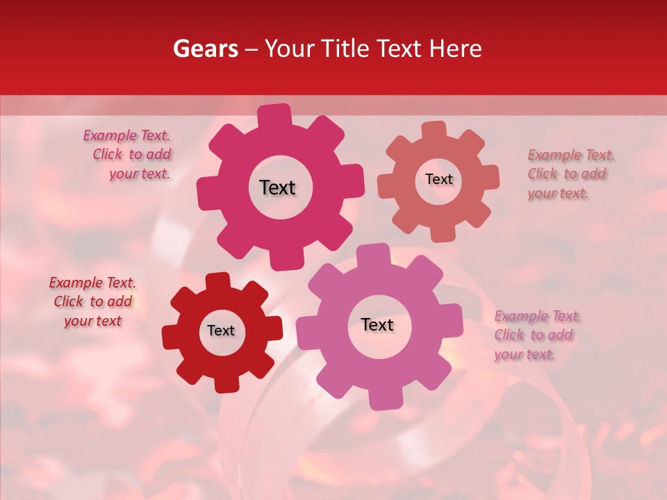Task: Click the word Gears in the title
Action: point(205,49)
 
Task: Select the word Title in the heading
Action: point(345,49)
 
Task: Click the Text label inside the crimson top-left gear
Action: point(277,187)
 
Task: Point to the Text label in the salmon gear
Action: point(438,179)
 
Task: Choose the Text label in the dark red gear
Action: point(221,331)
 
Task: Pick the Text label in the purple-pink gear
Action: point(377,324)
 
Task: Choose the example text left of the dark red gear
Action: point(92,301)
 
